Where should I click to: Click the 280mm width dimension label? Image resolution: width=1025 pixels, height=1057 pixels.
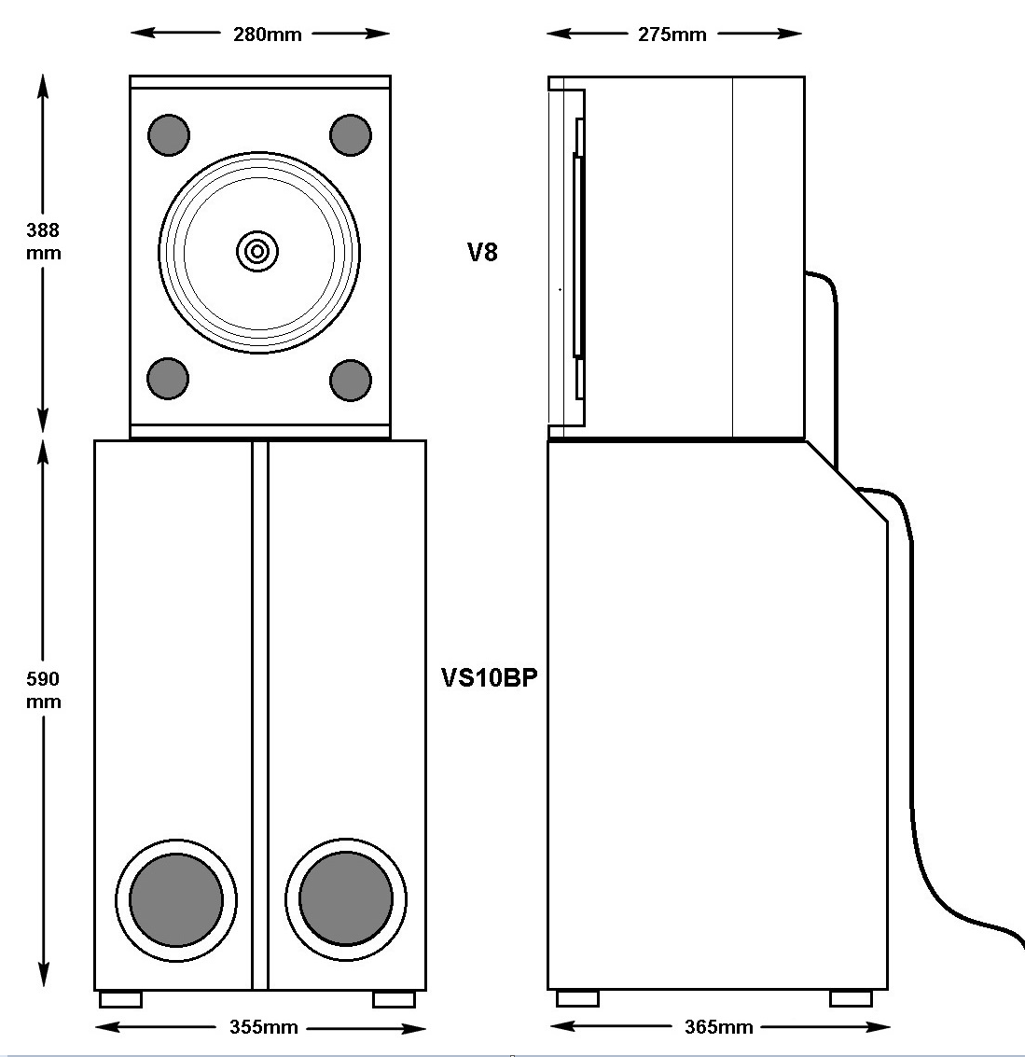pyautogui.click(x=267, y=35)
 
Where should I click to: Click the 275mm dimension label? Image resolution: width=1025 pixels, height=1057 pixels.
pyautogui.click(x=672, y=35)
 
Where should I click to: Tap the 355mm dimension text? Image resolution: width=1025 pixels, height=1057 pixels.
pyautogui.click(x=264, y=1027)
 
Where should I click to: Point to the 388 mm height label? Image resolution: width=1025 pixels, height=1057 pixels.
pyautogui.click(x=43, y=241)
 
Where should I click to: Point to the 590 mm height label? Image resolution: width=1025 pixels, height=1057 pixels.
pyautogui.click(x=43, y=689)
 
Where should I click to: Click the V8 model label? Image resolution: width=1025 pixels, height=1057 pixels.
pyautogui.click(x=482, y=252)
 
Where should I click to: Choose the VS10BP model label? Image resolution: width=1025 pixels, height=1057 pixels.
pyautogui.click(x=489, y=678)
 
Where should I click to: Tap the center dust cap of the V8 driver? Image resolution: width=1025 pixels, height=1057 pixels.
pyautogui.click(x=257, y=250)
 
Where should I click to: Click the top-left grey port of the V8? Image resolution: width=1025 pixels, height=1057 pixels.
pyautogui.click(x=169, y=134)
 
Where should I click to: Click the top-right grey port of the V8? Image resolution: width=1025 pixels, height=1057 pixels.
pyautogui.click(x=351, y=134)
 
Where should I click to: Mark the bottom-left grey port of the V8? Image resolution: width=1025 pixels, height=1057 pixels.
pyautogui.click(x=169, y=379)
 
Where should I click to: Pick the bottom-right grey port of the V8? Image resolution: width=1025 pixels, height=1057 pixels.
pyautogui.click(x=351, y=380)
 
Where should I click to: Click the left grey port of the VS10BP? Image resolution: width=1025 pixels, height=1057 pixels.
pyautogui.click(x=176, y=900)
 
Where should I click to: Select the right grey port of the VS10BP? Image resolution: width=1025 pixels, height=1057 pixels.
pyautogui.click(x=346, y=900)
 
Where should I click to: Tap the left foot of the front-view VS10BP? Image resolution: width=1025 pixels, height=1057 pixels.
pyautogui.click(x=120, y=999)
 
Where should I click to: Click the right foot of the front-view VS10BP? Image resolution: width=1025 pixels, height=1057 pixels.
pyautogui.click(x=394, y=999)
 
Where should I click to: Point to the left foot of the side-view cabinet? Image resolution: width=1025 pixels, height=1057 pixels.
pyautogui.click(x=577, y=998)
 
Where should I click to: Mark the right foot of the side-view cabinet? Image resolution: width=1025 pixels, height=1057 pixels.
pyautogui.click(x=851, y=998)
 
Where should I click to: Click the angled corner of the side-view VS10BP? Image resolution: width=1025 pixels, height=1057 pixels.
pyautogui.click(x=847, y=481)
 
